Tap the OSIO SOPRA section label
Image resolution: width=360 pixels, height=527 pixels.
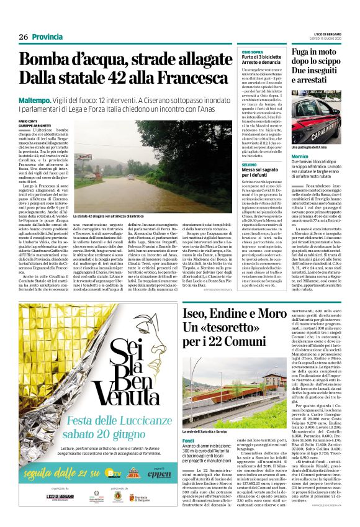pyautogui.click(x=252, y=53)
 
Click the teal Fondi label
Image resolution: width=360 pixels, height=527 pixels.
pyautogui.click(x=188, y=424)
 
